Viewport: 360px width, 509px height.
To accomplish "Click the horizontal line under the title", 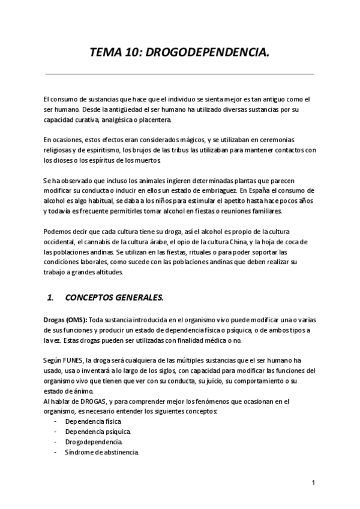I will pyautogui.click(x=180, y=74).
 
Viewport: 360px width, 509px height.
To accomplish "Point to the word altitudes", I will pyautogui.click(x=109, y=272).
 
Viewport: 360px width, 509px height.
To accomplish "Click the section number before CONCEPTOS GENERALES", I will pyautogui.click(x=50, y=297).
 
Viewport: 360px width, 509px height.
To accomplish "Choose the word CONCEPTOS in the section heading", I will pyautogui.click(x=90, y=297).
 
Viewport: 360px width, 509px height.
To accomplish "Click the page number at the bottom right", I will pyautogui.click(x=313, y=483).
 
